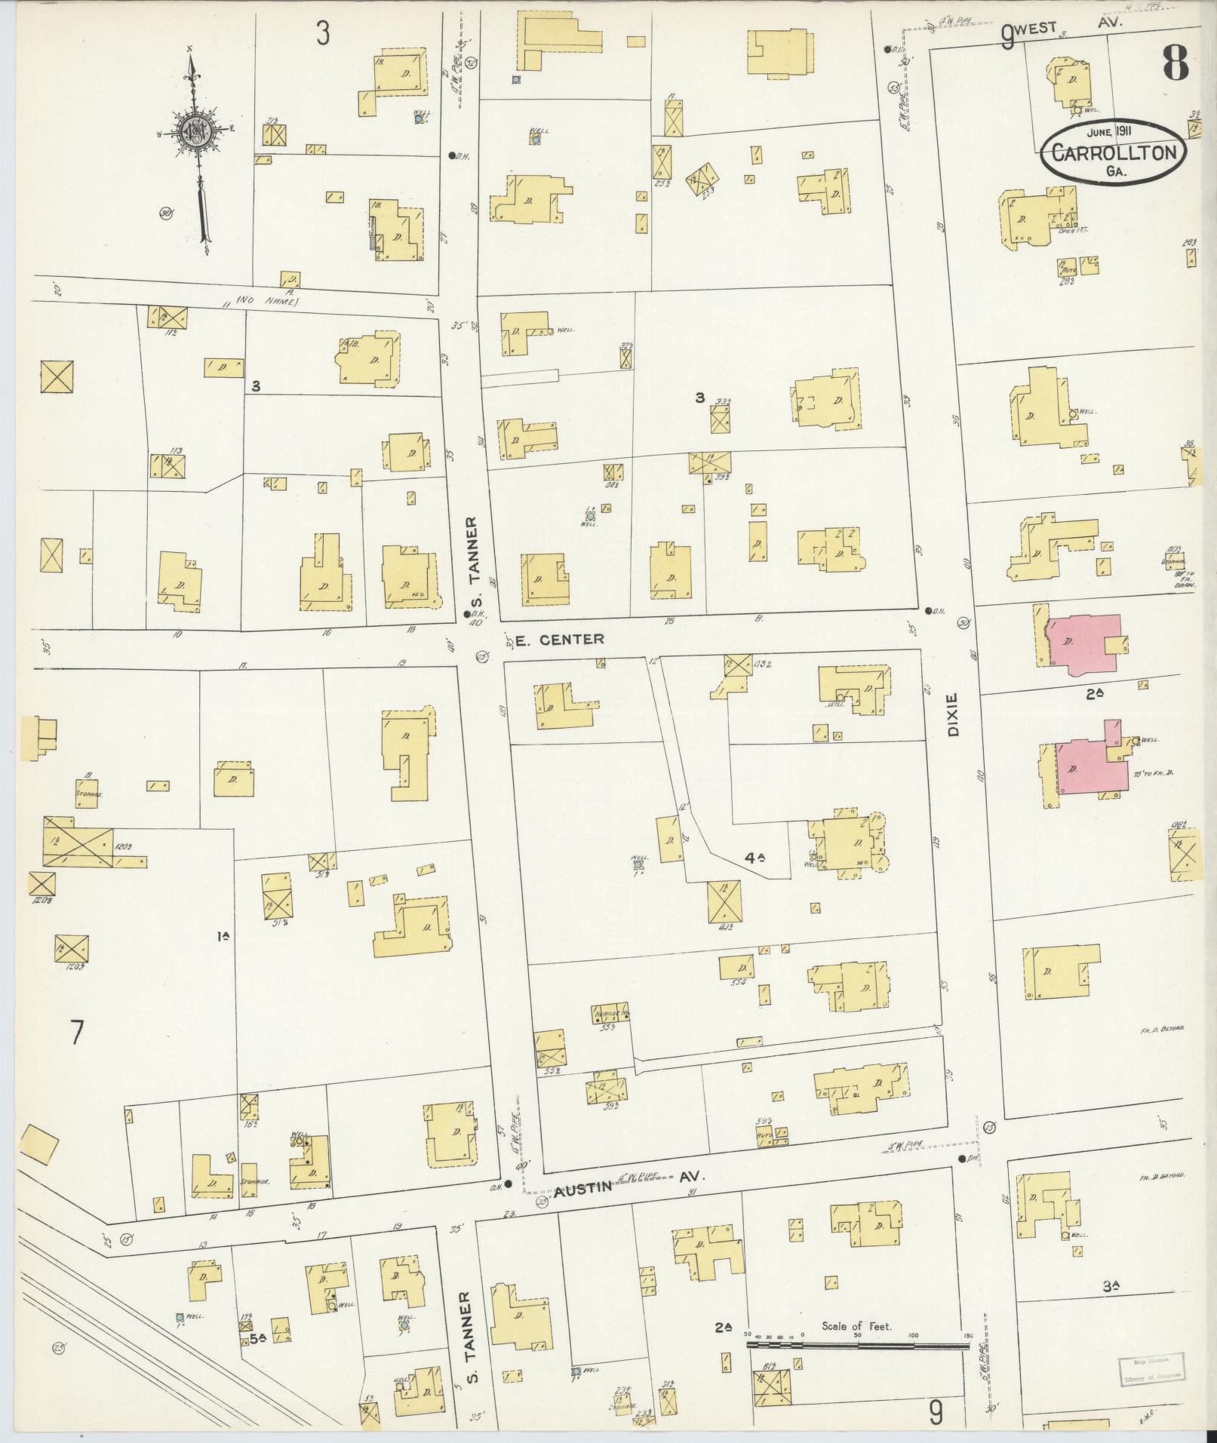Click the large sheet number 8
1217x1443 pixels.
click(x=1176, y=63)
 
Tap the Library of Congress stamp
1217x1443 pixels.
click(x=1143, y=1362)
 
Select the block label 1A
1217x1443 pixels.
click(x=223, y=937)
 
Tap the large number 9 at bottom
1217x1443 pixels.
click(x=936, y=1412)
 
